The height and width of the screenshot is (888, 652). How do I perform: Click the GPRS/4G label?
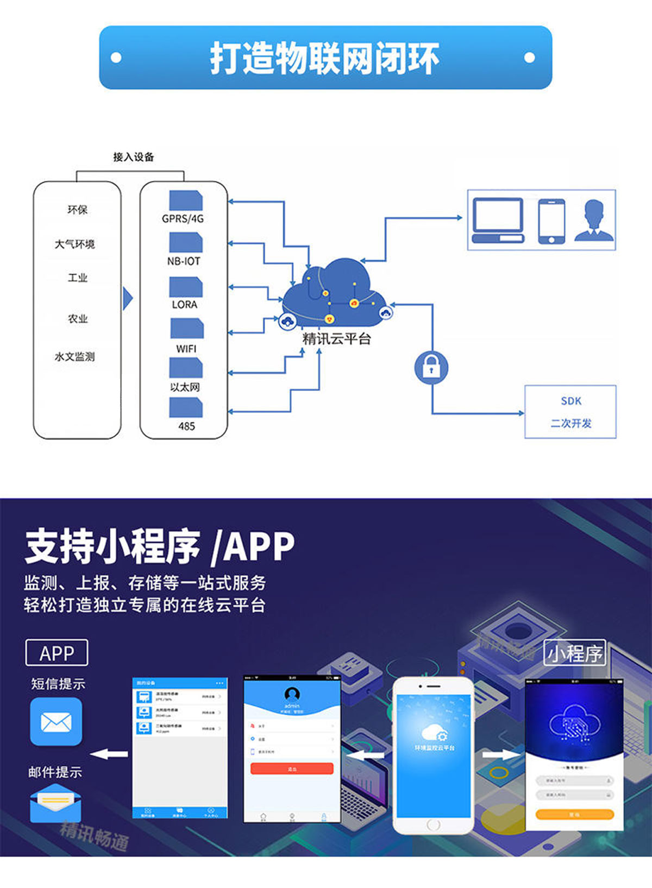click(x=183, y=219)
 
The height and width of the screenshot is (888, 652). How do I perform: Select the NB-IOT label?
click(x=184, y=261)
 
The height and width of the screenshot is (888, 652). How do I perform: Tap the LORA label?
click(x=185, y=305)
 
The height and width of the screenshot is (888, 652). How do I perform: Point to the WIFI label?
click(x=186, y=349)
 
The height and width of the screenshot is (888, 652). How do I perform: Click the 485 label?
click(x=186, y=426)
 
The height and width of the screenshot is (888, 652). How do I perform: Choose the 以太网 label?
click(x=185, y=387)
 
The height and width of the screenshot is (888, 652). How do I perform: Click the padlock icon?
click(x=431, y=367)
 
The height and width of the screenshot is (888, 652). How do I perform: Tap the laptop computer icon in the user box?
click(x=498, y=221)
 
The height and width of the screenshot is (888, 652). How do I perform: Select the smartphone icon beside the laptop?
click(x=551, y=221)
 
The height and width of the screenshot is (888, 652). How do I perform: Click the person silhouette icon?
click(x=594, y=220)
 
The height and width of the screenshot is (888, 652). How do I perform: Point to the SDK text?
click(x=571, y=401)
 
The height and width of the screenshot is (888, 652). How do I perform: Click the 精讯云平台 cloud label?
click(x=336, y=339)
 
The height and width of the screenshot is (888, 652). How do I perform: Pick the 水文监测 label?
click(x=74, y=357)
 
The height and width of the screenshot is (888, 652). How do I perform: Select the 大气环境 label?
click(x=74, y=244)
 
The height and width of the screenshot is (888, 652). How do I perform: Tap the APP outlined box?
click(x=57, y=653)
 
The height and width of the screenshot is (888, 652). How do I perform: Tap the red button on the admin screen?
click(x=292, y=769)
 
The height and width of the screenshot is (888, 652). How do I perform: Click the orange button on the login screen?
click(x=574, y=814)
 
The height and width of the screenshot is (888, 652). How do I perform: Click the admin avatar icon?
click(x=292, y=694)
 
